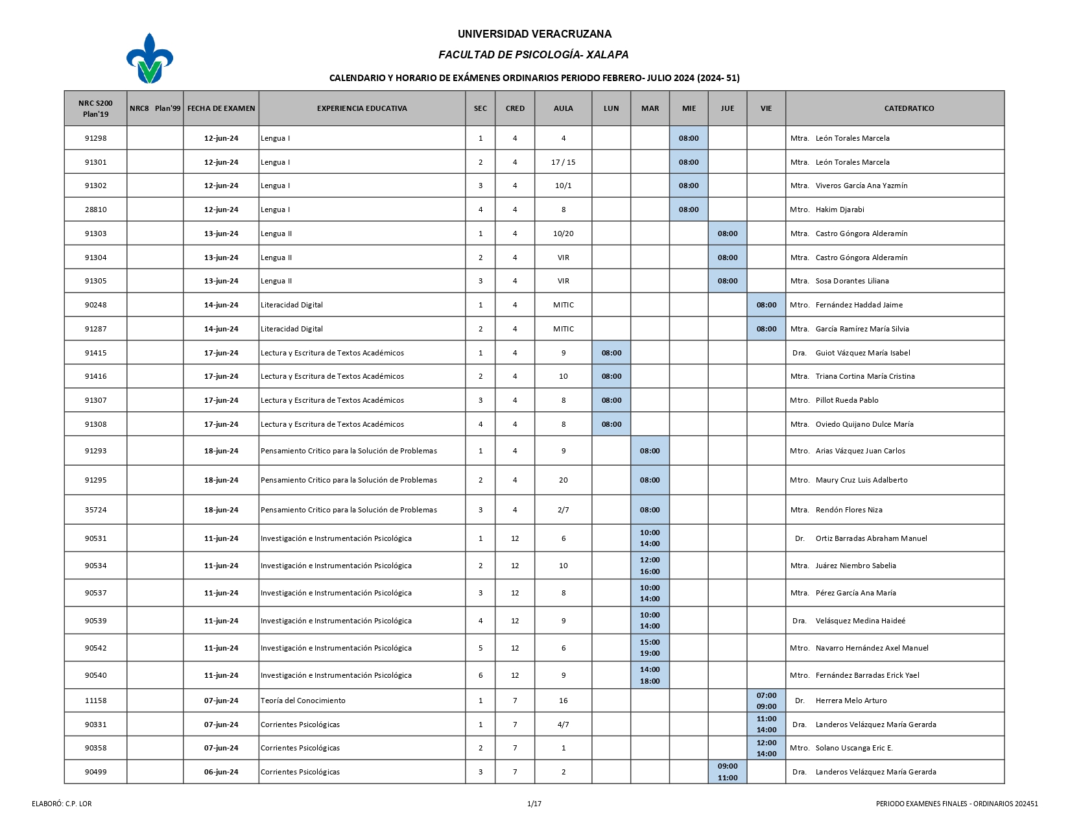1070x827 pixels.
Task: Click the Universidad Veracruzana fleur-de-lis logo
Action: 150,58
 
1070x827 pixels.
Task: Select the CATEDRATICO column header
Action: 909,108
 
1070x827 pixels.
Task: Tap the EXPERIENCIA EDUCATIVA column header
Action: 362,108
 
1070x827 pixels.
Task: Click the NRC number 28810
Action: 95,210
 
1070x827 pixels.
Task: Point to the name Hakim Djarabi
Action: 840,210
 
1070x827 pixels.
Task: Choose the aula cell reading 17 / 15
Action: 563,162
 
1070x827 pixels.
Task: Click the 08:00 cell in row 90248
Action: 766,305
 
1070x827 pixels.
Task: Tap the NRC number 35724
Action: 95,510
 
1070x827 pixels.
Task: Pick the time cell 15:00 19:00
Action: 650,648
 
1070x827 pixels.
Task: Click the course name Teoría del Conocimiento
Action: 303,701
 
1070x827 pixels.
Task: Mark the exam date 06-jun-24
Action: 221,772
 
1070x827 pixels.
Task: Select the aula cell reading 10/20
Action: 563,234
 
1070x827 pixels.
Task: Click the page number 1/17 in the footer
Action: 534,804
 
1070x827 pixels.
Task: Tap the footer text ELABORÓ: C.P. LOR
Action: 62,804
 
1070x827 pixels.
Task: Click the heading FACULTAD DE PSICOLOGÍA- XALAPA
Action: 533,55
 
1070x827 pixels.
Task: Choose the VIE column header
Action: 766,108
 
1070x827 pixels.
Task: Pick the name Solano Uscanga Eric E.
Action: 854,748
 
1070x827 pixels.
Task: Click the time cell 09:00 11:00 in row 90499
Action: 727,772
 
